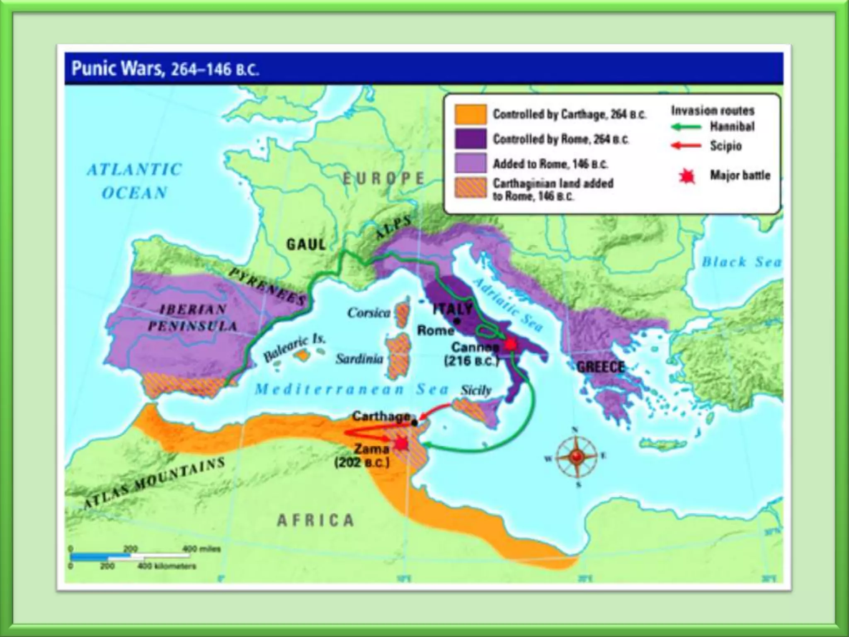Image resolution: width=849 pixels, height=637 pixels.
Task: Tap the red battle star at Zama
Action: click(x=401, y=444)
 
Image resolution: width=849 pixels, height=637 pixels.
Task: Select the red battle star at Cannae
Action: click(x=510, y=344)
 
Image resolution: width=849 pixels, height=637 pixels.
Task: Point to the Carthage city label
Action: click(x=381, y=416)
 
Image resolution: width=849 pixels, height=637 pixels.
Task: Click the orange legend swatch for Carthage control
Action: click(x=470, y=114)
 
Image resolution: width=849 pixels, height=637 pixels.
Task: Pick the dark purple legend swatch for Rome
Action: click(x=470, y=139)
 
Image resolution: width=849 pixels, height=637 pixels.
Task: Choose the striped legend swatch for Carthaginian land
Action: click(x=470, y=188)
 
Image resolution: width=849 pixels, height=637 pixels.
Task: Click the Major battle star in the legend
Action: click(x=687, y=176)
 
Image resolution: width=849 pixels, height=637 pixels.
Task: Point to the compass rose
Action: click(x=576, y=457)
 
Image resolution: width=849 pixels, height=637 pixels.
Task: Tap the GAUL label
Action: click(x=306, y=244)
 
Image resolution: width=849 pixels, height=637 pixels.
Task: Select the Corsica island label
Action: click(x=369, y=313)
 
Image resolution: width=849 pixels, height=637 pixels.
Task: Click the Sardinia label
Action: click(x=359, y=359)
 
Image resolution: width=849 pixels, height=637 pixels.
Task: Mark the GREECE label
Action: click(x=600, y=367)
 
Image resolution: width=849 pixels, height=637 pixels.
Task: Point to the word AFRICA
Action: click(x=315, y=520)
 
